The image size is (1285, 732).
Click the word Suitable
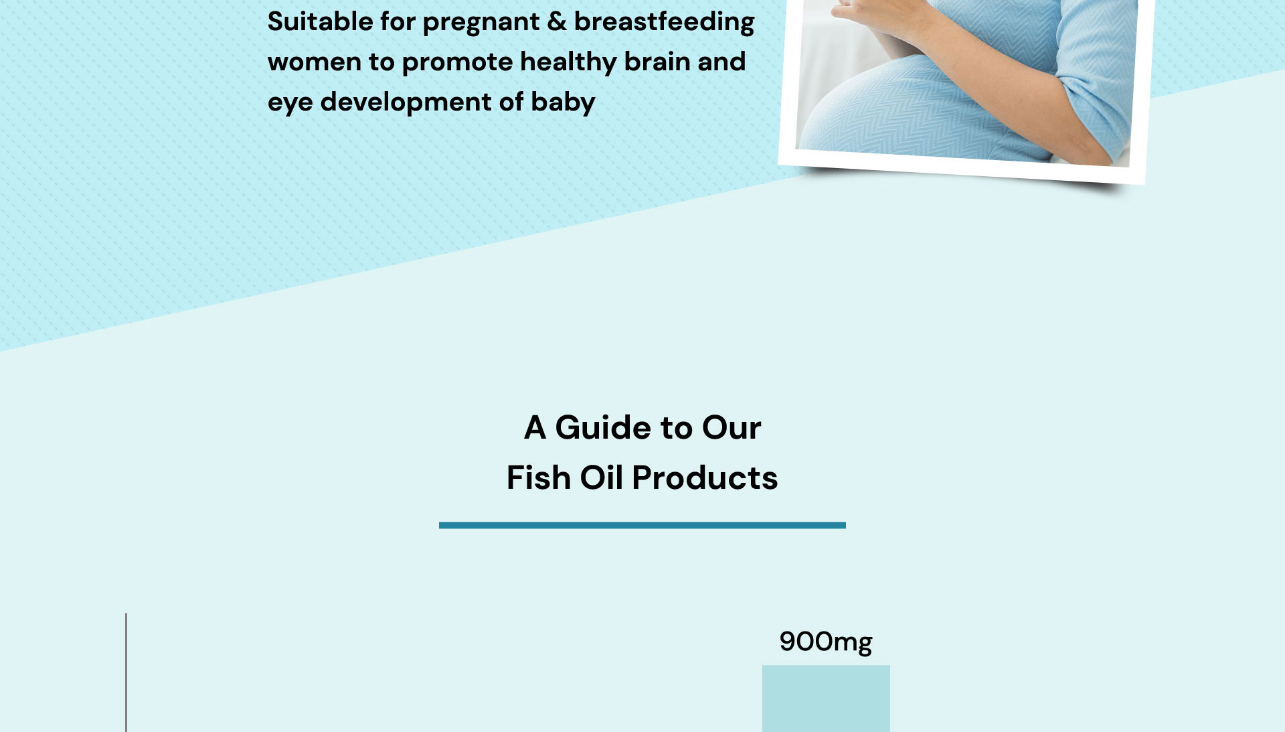coord(321,21)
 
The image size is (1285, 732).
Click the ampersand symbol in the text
coord(557,21)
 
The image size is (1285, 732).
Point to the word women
coord(315,62)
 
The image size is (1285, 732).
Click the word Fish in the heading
coord(539,478)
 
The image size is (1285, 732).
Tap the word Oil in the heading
coord(601,478)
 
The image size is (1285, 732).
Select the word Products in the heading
coord(705,478)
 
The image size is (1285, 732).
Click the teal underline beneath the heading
coord(642,526)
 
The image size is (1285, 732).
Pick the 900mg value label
coord(826,642)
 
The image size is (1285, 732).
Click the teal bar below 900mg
coord(826,699)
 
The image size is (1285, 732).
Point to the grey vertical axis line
coord(126,672)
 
